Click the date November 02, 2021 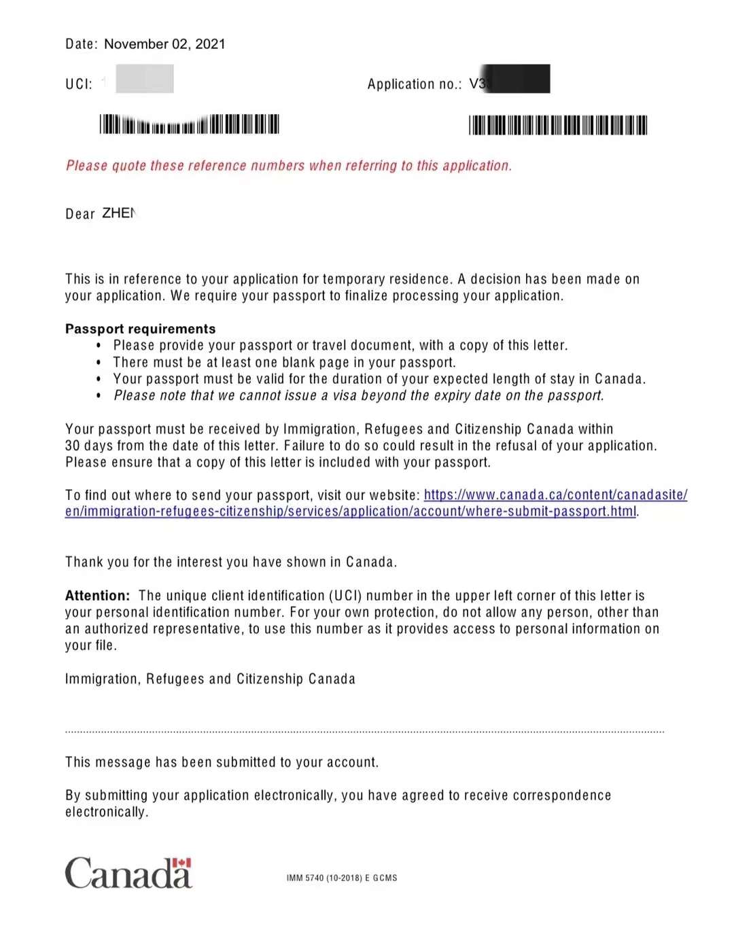pos(164,44)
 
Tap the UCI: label pos(79,84)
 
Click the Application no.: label pos(414,84)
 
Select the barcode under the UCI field pos(189,124)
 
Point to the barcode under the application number pos(557,126)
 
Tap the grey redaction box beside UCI pos(145,79)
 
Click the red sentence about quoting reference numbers pos(289,166)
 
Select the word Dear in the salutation pos(80,214)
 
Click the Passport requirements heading pos(140,329)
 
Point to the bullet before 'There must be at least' pos(99,363)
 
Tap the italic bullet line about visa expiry pos(358,395)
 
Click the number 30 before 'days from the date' pos(73,446)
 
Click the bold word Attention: pos(97,596)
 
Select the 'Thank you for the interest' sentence pos(231,562)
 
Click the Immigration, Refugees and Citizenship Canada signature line pos(210,679)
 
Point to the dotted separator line pos(364,732)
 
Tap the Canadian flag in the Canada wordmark pos(181,863)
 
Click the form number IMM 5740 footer pos(342,878)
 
